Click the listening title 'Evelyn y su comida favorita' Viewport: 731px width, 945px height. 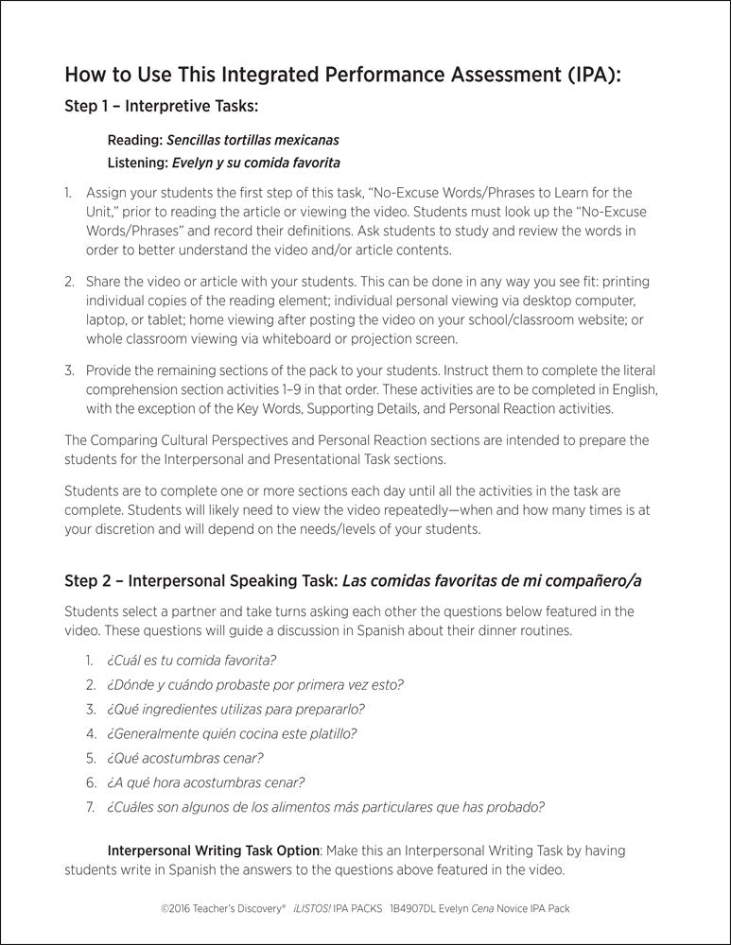253,162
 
